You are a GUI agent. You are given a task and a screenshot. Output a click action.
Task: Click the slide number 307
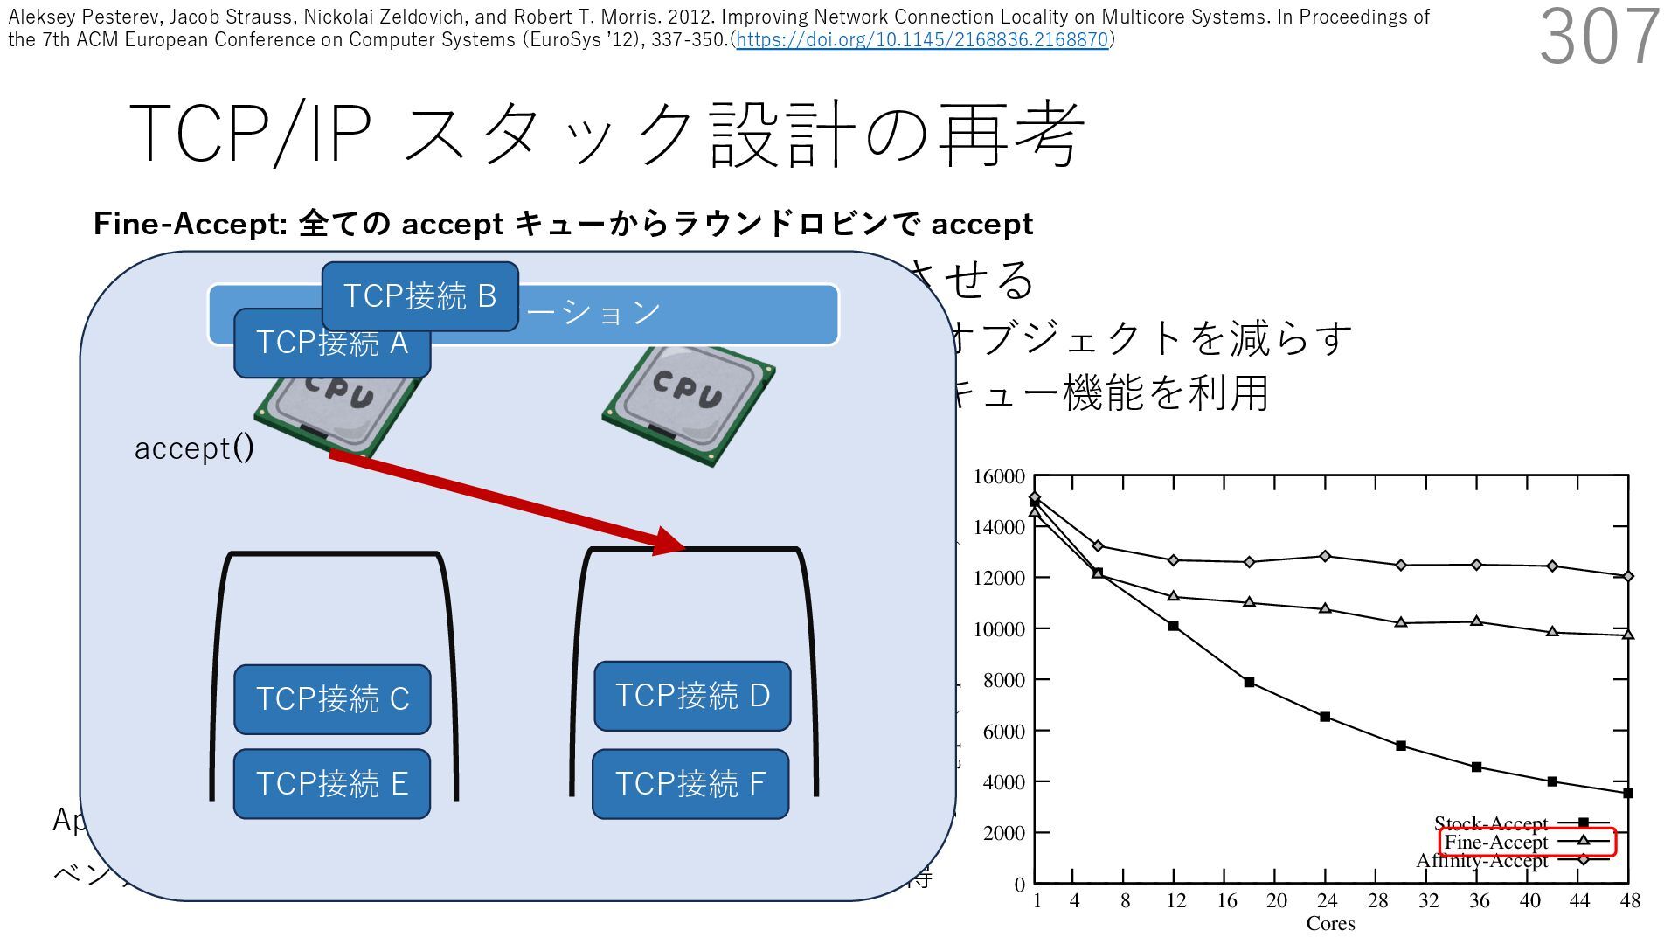coord(1598,37)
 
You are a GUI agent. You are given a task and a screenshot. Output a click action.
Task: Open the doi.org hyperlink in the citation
coord(922,40)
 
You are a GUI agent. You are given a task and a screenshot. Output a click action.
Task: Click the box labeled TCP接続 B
coord(419,296)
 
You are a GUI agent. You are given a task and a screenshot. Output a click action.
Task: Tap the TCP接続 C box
coord(332,699)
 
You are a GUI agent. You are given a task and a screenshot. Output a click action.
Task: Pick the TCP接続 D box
coord(692,696)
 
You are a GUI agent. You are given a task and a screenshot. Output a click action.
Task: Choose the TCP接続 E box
coord(332,783)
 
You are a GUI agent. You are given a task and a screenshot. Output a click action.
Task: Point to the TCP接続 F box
coord(690,783)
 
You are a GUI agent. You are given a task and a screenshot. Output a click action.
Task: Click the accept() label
coord(194,448)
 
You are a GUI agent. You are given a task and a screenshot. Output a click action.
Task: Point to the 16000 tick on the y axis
coord(999,477)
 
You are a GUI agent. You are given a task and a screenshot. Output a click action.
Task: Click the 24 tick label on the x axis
coord(1327,901)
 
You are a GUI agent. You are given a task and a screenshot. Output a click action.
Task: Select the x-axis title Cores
coord(1330,924)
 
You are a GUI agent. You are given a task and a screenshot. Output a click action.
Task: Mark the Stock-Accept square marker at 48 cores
coord(1628,794)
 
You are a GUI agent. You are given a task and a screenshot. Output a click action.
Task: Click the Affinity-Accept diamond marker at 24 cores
coord(1326,556)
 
